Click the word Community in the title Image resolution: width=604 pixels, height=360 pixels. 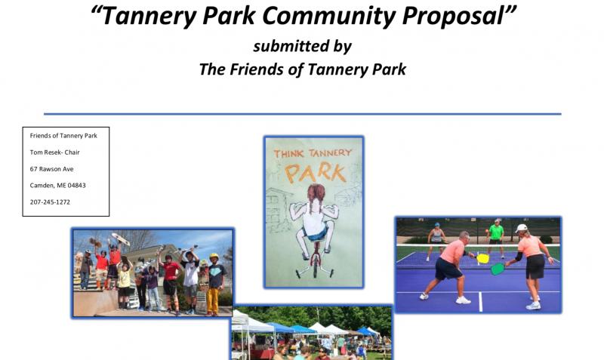coord(329,16)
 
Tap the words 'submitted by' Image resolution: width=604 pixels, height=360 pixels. coord(303,46)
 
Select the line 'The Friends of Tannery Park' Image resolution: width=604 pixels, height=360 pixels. coord(303,69)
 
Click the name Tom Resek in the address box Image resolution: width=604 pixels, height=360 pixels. coord(46,152)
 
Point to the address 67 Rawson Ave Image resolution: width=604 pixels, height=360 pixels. coord(51,169)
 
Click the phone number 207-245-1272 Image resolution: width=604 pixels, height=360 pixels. coord(50,202)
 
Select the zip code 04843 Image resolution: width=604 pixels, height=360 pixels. coord(77,186)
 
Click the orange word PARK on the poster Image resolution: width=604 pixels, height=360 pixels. coord(316,173)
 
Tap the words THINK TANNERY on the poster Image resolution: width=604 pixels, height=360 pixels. coord(313,153)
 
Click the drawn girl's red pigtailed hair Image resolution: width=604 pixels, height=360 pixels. coord(316,195)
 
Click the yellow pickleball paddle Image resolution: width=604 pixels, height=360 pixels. coord(482,258)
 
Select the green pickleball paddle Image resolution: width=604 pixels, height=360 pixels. coord(498,269)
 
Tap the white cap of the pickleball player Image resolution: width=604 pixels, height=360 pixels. coord(521,228)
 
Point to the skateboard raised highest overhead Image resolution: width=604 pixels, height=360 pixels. coord(121,239)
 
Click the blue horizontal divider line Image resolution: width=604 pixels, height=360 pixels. coord(303,114)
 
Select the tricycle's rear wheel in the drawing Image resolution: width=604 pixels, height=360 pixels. coord(315,269)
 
